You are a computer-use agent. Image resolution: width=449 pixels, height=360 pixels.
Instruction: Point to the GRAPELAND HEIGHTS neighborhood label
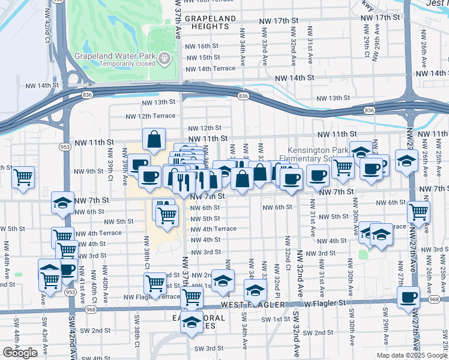pos(211,23)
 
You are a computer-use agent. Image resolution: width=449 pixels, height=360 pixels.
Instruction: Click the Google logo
pos(20,353)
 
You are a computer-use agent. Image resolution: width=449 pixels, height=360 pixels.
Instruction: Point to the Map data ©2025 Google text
pos(412,355)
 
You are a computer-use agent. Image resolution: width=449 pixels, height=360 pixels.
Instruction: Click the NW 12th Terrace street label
pos(150,116)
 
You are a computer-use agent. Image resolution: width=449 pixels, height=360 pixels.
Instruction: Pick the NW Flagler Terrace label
pos(151,297)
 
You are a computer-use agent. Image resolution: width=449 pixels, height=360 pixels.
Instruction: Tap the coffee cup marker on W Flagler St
pos(409,296)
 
